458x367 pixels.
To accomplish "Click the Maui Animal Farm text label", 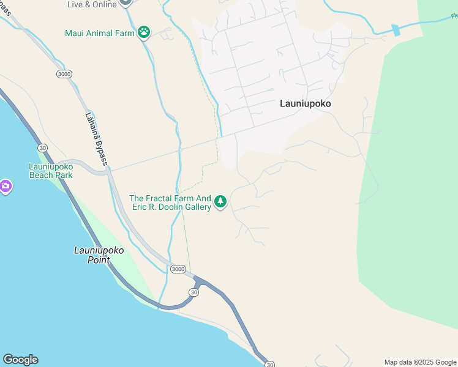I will [99, 33].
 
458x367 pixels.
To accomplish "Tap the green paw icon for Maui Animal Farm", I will [144, 32].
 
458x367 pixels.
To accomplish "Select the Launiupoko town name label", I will [305, 104].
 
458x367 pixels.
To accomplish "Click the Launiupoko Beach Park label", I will [51, 171].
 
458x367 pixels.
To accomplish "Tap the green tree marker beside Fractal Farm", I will [220, 201].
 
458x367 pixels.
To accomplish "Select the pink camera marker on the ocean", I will [5, 186].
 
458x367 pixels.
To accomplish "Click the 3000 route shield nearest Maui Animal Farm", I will [64, 74].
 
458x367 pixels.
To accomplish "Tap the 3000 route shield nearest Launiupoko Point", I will [178, 269].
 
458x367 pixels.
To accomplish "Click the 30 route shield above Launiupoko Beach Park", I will [42, 148].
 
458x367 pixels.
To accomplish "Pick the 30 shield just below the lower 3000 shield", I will [194, 292].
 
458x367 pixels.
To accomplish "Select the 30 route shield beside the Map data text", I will [269, 364].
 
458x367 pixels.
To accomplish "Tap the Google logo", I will [20, 360].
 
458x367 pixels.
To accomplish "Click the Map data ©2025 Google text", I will [421, 362].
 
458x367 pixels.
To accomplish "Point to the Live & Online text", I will [92, 4].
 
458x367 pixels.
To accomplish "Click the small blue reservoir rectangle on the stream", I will [396, 30].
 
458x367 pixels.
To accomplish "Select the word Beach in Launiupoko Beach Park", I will [42, 175].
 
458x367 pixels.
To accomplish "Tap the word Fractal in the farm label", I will [161, 199].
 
